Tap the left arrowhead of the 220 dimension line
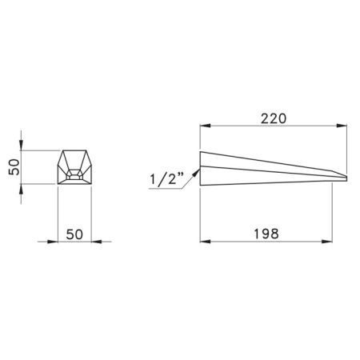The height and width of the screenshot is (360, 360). click(203, 126)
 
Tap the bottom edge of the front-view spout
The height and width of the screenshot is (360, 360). click(75, 184)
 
